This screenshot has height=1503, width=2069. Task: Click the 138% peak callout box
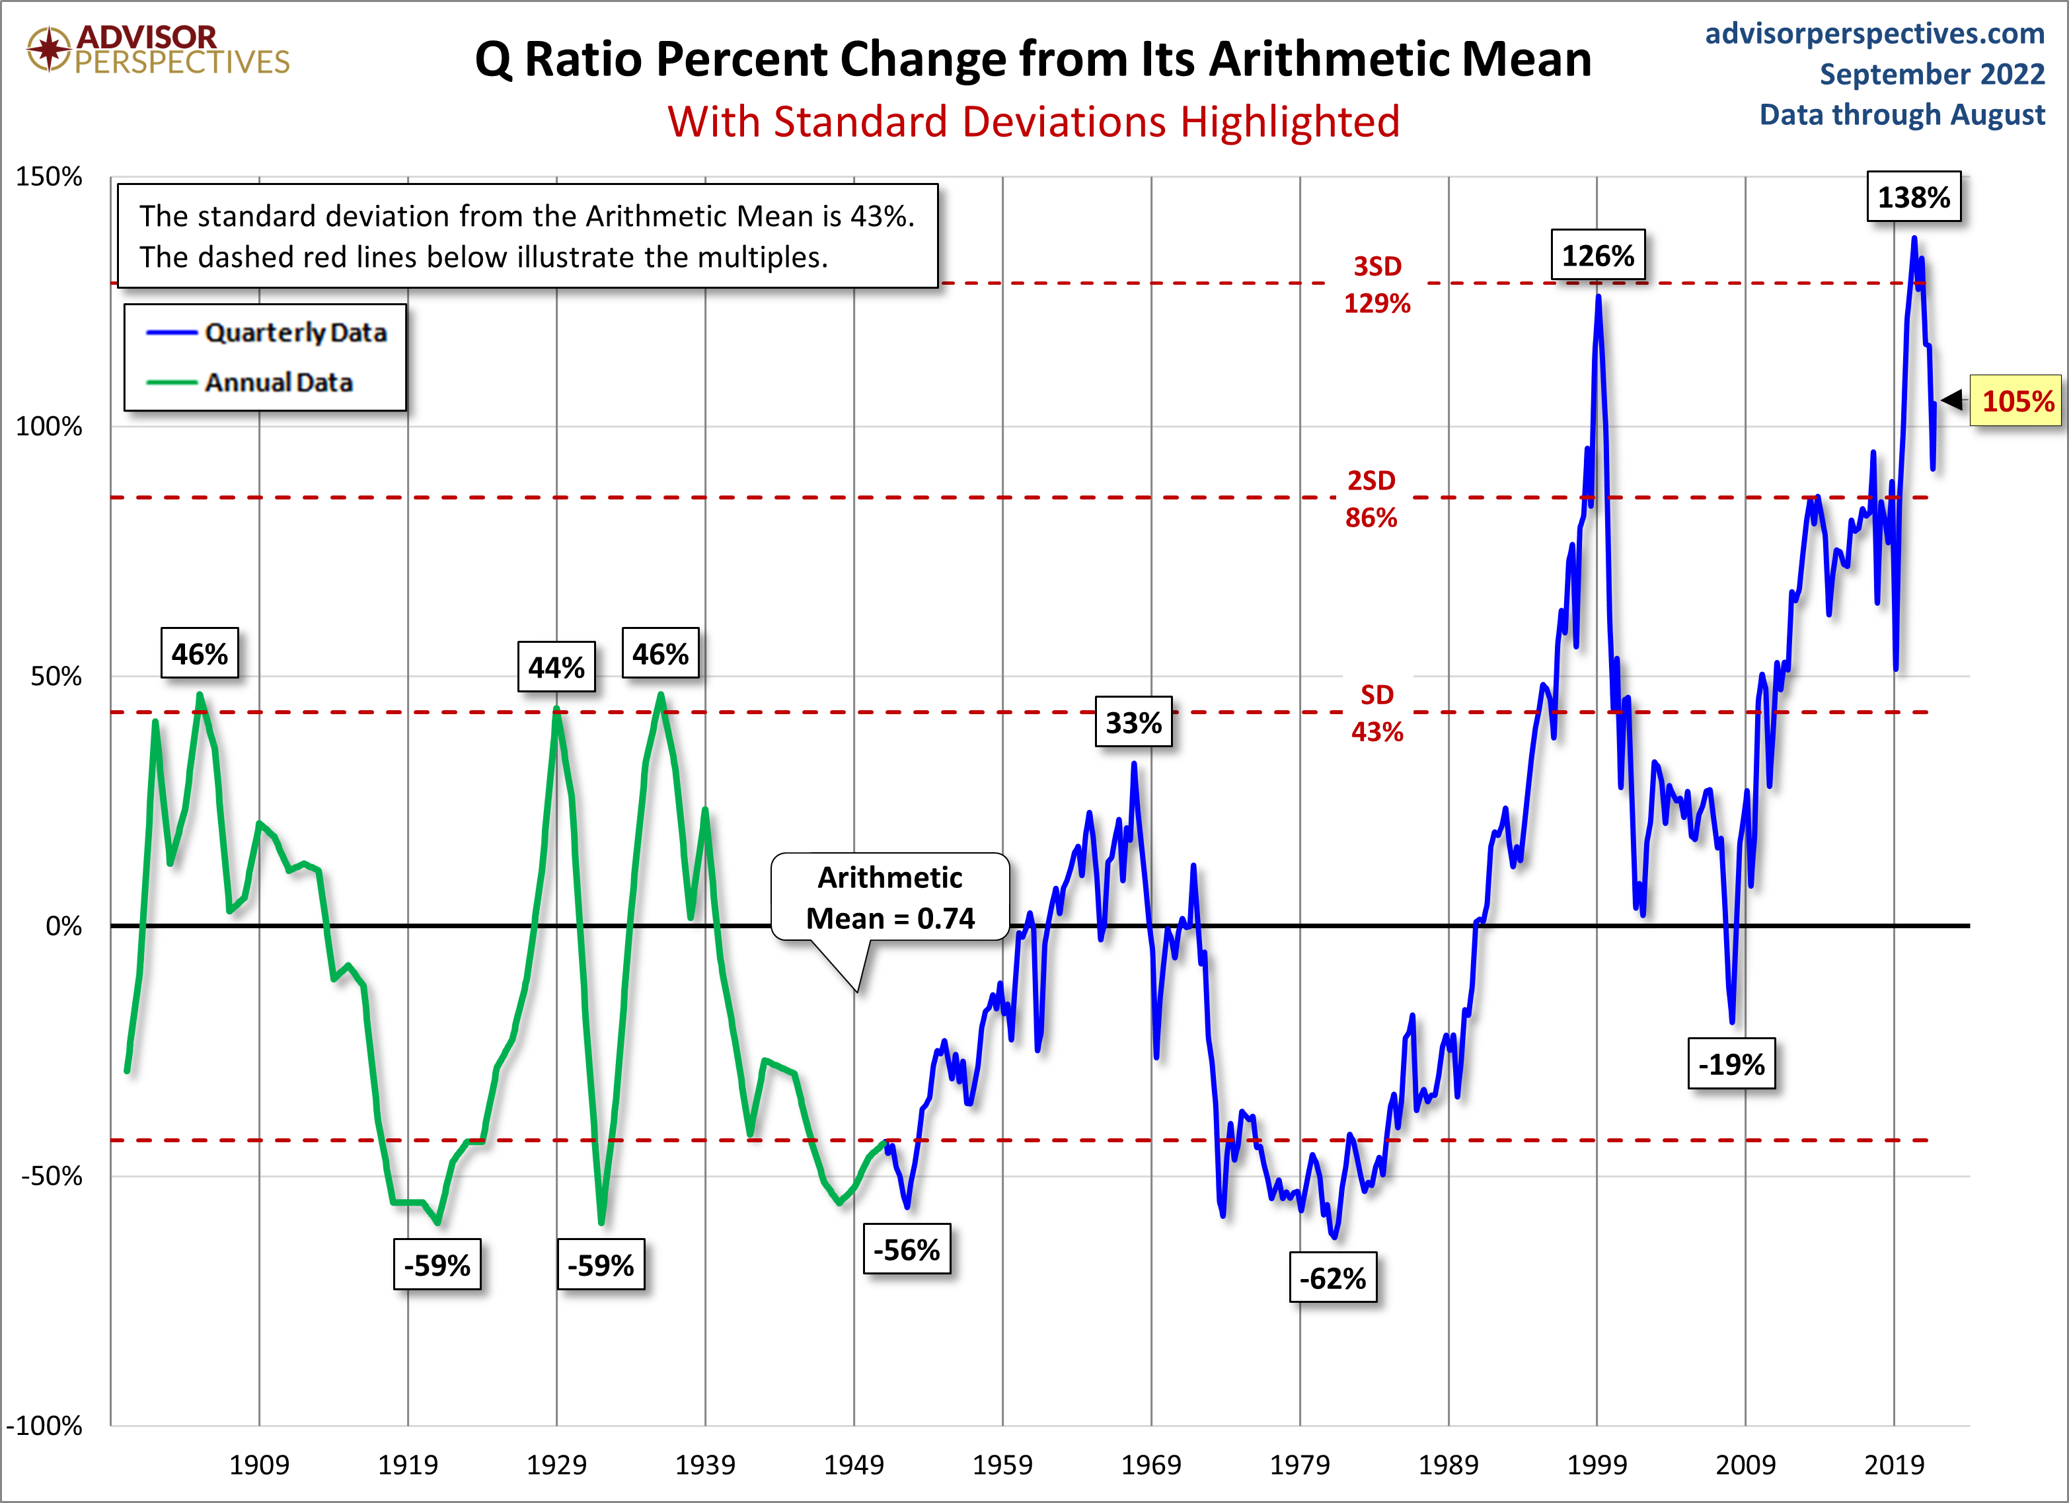pyautogui.click(x=1913, y=197)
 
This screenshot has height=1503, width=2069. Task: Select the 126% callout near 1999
pyautogui.click(x=1597, y=256)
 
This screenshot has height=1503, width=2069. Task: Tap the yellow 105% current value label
pyautogui.click(x=2016, y=401)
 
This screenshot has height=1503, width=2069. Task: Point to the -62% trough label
pyautogui.click(x=1333, y=1278)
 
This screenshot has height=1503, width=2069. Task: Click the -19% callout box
pyautogui.click(x=1731, y=1064)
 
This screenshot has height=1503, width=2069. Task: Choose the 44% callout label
pyautogui.click(x=556, y=667)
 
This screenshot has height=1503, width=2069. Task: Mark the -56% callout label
pyautogui.click(x=907, y=1249)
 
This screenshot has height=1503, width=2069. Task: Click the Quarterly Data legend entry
pyautogui.click(x=266, y=333)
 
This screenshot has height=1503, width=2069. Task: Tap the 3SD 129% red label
pyautogui.click(x=1376, y=285)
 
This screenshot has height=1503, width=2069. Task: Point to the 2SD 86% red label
pyautogui.click(x=1371, y=499)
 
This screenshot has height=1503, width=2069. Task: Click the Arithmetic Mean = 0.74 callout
pyautogui.click(x=890, y=897)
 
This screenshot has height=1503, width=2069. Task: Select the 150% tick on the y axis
pyautogui.click(x=50, y=177)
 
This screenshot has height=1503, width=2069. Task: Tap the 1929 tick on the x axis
pyautogui.click(x=556, y=1465)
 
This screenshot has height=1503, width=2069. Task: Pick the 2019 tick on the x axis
pyautogui.click(x=1894, y=1465)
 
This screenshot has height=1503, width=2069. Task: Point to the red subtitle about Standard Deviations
pyautogui.click(x=1034, y=122)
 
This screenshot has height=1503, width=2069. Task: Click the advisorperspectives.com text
pyautogui.click(x=1875, y=34)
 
